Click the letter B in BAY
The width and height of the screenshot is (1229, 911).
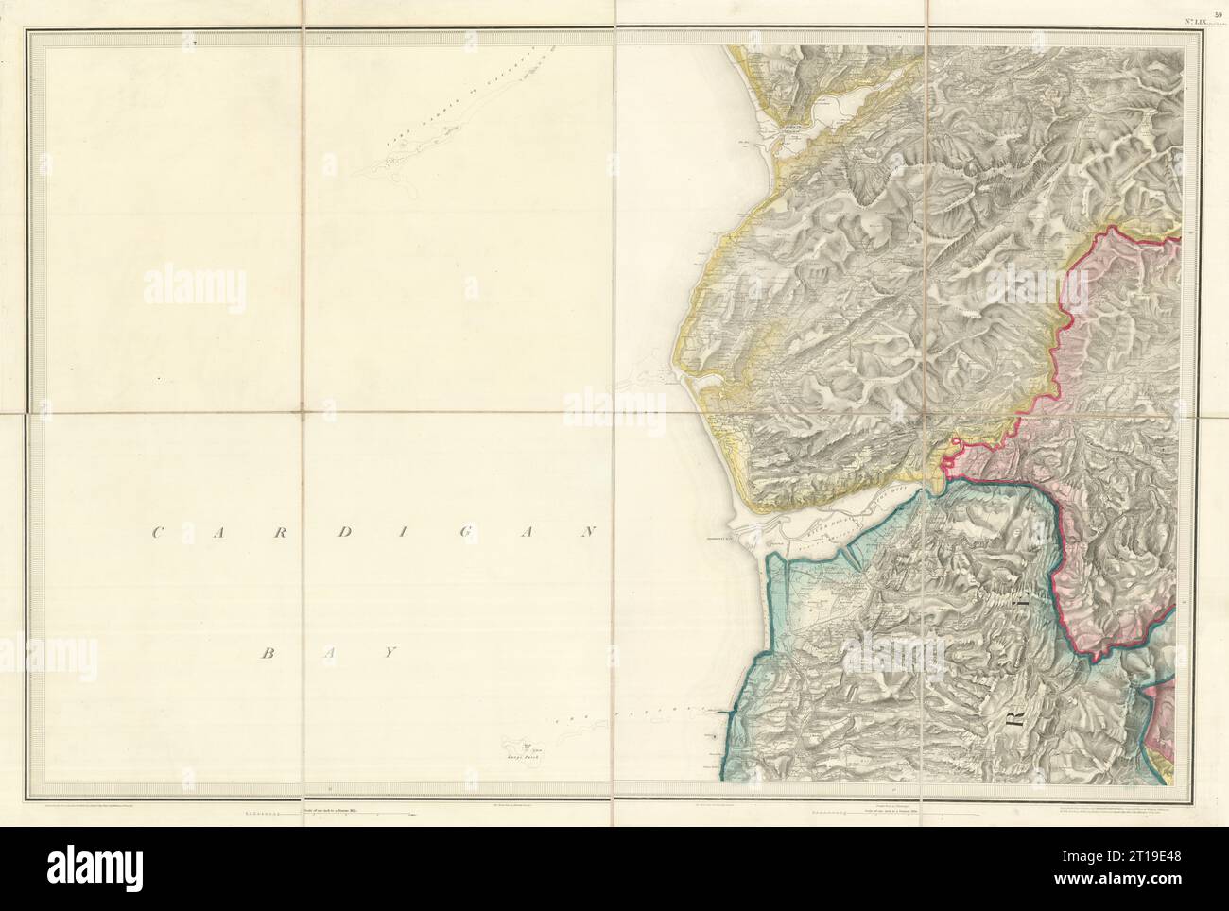point(268,653)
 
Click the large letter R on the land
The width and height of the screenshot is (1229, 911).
point(1013,730)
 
